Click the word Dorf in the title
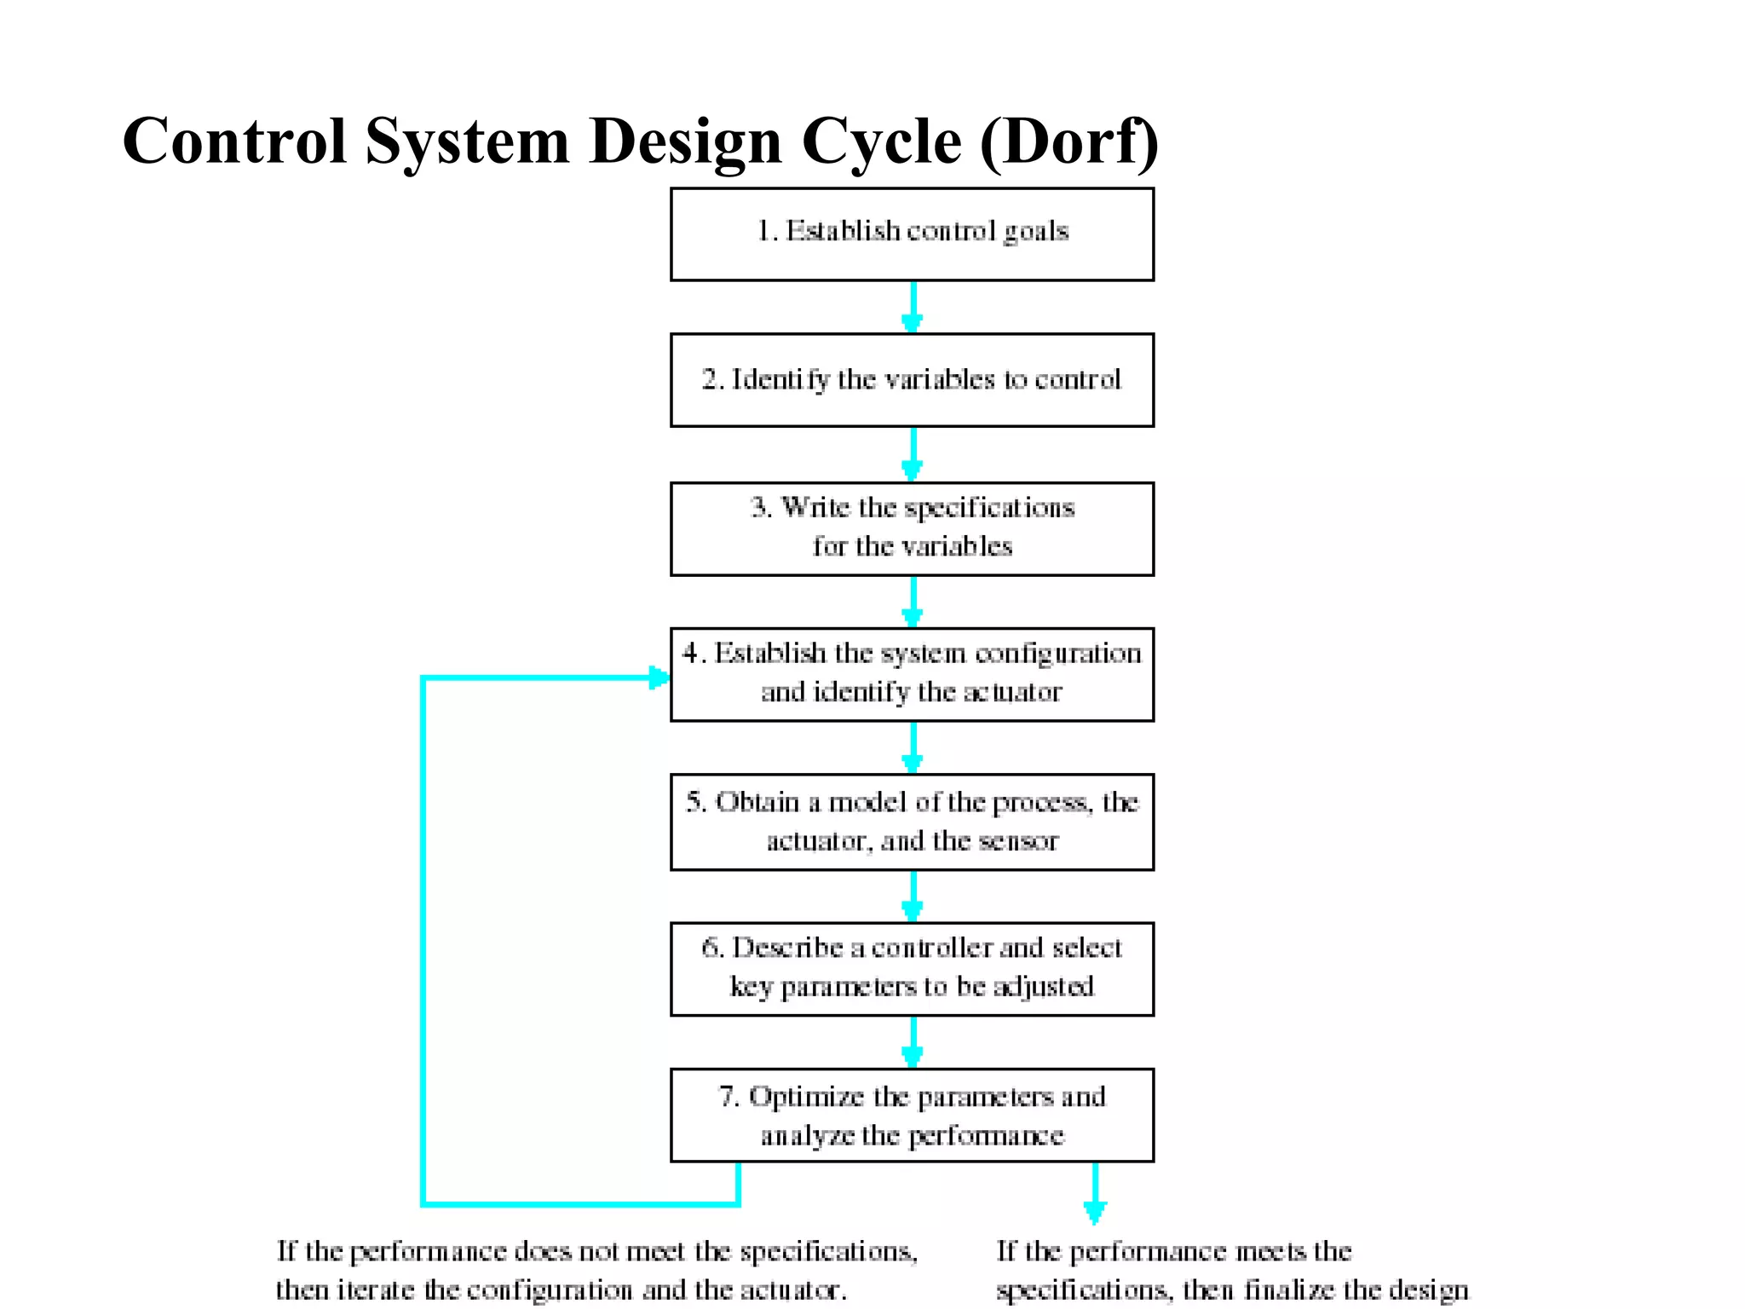[1069, 141]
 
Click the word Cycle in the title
[882, 141]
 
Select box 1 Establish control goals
[912, 234]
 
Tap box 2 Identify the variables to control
[912, 380]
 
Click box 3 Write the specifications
[912, 528]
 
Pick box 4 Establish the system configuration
[912, 674]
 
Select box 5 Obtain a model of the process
[912, 822]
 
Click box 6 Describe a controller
[912, 968]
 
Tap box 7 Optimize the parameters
[912, 1115]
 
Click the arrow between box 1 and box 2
[913, 307]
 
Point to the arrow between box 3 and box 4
[913, 602]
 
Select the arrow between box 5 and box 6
[913, 896]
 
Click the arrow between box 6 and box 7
[913, 1042]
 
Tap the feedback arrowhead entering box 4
[659, 678]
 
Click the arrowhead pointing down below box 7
[1095, 1210]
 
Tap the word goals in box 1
[1035, 232]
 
